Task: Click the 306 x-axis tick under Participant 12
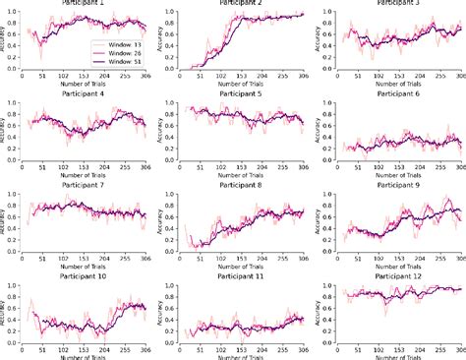[457, 345]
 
